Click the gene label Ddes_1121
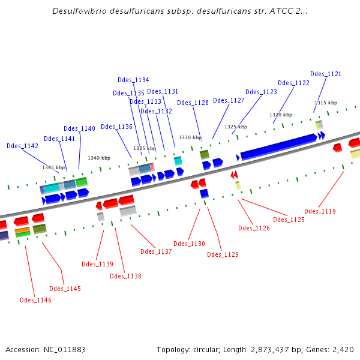click(x=326, y=74)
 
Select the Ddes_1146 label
click(x=35, y=300)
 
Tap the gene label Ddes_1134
click(x=133, y=80)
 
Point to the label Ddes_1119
click(x=320, y=211)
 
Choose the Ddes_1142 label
click(x=22, y=146)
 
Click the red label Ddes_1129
click(x=223, y=254)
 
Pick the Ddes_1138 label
click(x=125, y=276)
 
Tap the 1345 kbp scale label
click(x=53, y=167)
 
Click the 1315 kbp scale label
click(x=326, y=103)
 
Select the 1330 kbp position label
click(x=190, y=137)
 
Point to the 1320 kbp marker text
click(x=281, y=115)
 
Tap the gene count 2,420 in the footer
click(x=342, y=349)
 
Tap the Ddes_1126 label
click(x=254, y=228)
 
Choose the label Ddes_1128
click(x=193, y=103)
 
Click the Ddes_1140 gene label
click(x=79, y=128)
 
